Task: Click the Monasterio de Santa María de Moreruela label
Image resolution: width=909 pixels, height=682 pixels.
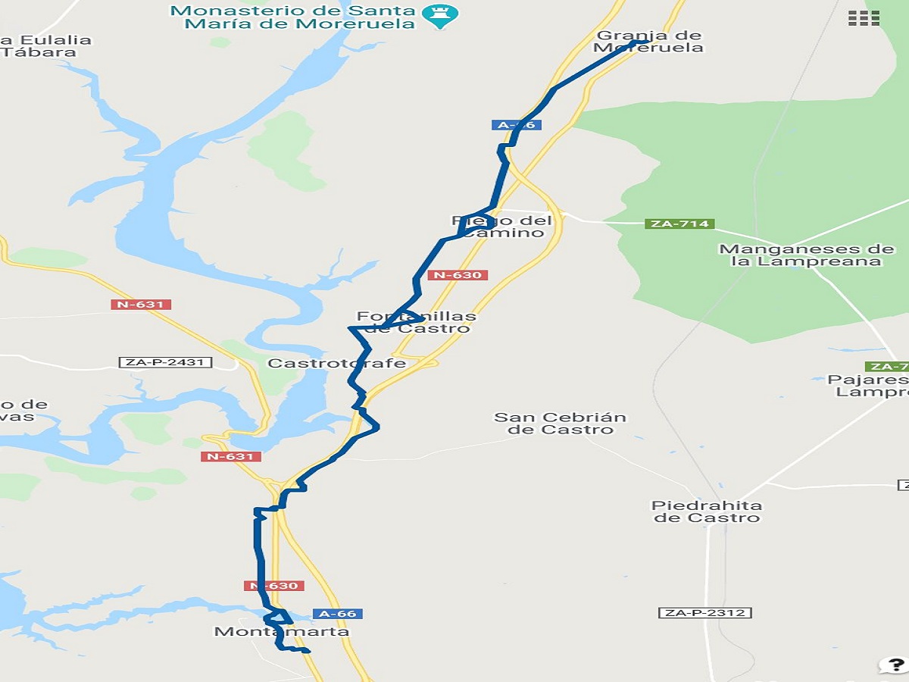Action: (294, 17)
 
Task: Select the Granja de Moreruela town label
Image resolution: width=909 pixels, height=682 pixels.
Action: (648, 42)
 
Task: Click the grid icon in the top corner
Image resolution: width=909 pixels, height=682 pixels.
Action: (864, 18)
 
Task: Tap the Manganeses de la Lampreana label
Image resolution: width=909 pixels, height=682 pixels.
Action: (806, 255)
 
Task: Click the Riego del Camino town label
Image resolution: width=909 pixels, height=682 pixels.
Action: (503, 227)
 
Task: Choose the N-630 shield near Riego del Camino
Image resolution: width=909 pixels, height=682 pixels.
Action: (458, 275)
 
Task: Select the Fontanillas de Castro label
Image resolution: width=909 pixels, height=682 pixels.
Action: (417, 322)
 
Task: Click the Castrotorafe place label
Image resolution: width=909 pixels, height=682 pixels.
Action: (337, 363)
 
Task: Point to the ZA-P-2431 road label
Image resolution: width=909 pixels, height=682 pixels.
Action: (165, 362)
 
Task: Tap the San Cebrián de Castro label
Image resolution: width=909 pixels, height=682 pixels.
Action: (560, 423)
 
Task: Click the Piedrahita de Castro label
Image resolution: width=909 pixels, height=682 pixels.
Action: (706, 511)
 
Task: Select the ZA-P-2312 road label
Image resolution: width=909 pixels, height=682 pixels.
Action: (704, 612)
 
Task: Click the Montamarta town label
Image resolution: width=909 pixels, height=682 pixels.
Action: (282, 631)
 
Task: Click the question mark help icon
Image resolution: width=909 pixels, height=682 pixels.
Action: (892, 665)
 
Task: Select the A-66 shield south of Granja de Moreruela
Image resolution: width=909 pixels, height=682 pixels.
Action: (517, 125)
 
